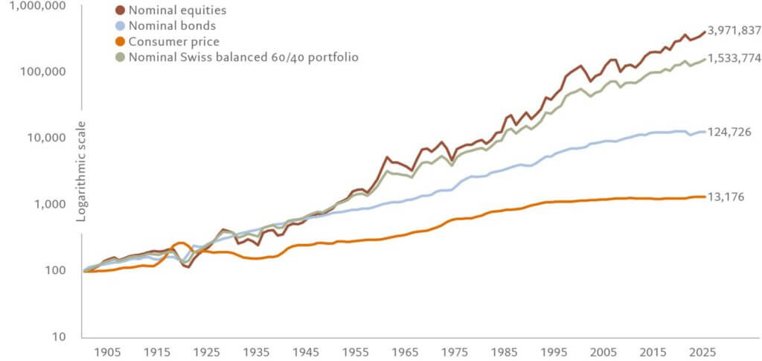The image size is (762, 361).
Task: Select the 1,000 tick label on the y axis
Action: point(48,204)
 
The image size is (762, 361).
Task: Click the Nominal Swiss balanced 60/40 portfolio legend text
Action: point(244,57)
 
